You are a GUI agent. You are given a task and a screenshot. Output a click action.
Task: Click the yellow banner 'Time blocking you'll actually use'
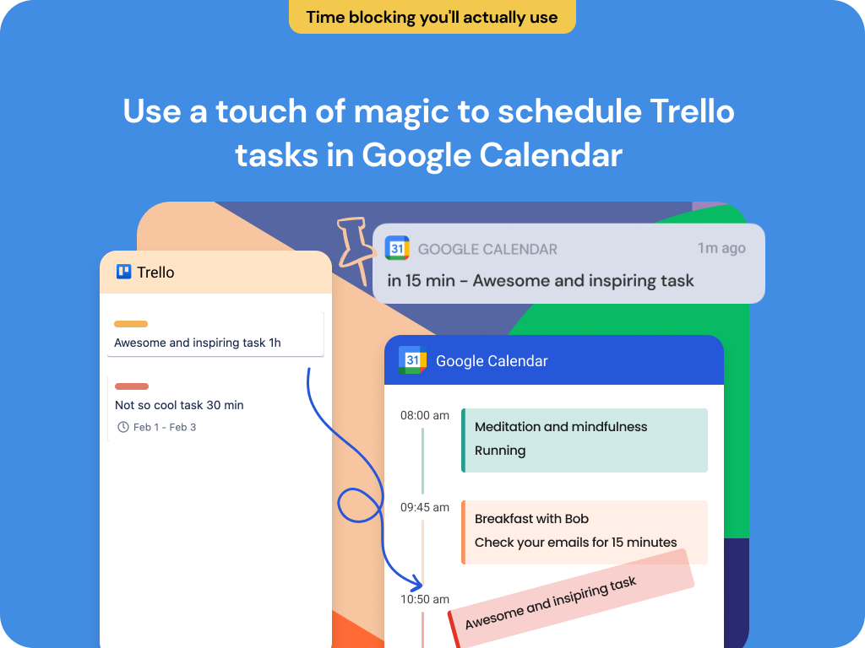coord(432,17)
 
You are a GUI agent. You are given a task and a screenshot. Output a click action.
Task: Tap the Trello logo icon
coord(124,272)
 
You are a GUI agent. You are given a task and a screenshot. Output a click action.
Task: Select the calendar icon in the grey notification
coord(397,248)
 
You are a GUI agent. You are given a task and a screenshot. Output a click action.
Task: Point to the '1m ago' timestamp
coord(721,248)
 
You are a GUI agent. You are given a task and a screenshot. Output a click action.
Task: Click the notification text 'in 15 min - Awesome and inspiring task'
coord(541,281)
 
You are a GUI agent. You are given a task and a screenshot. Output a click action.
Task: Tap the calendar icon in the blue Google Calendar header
coord(411,360)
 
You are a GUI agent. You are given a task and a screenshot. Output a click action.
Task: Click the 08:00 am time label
coord(424,415)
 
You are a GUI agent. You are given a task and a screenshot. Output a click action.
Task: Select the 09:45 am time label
coord(424,507)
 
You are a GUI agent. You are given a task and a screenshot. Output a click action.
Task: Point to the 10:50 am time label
coord(424,599)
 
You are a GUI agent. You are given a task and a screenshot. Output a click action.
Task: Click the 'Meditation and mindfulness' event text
coord(561,427)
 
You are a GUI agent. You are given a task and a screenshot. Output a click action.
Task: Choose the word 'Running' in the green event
coord(500,451)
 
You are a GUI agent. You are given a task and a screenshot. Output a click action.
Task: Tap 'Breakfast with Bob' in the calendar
coord(531,519)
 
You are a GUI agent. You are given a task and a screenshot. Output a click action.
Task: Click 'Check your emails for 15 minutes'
coord(575,543)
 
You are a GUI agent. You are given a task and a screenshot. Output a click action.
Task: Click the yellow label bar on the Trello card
coord(131,324)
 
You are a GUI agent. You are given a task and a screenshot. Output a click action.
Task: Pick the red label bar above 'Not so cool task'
coord(132,386)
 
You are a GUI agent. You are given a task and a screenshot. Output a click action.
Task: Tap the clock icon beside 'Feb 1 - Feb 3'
coord(123,427)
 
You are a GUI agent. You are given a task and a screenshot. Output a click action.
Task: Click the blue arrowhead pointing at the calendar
coord(416,584)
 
